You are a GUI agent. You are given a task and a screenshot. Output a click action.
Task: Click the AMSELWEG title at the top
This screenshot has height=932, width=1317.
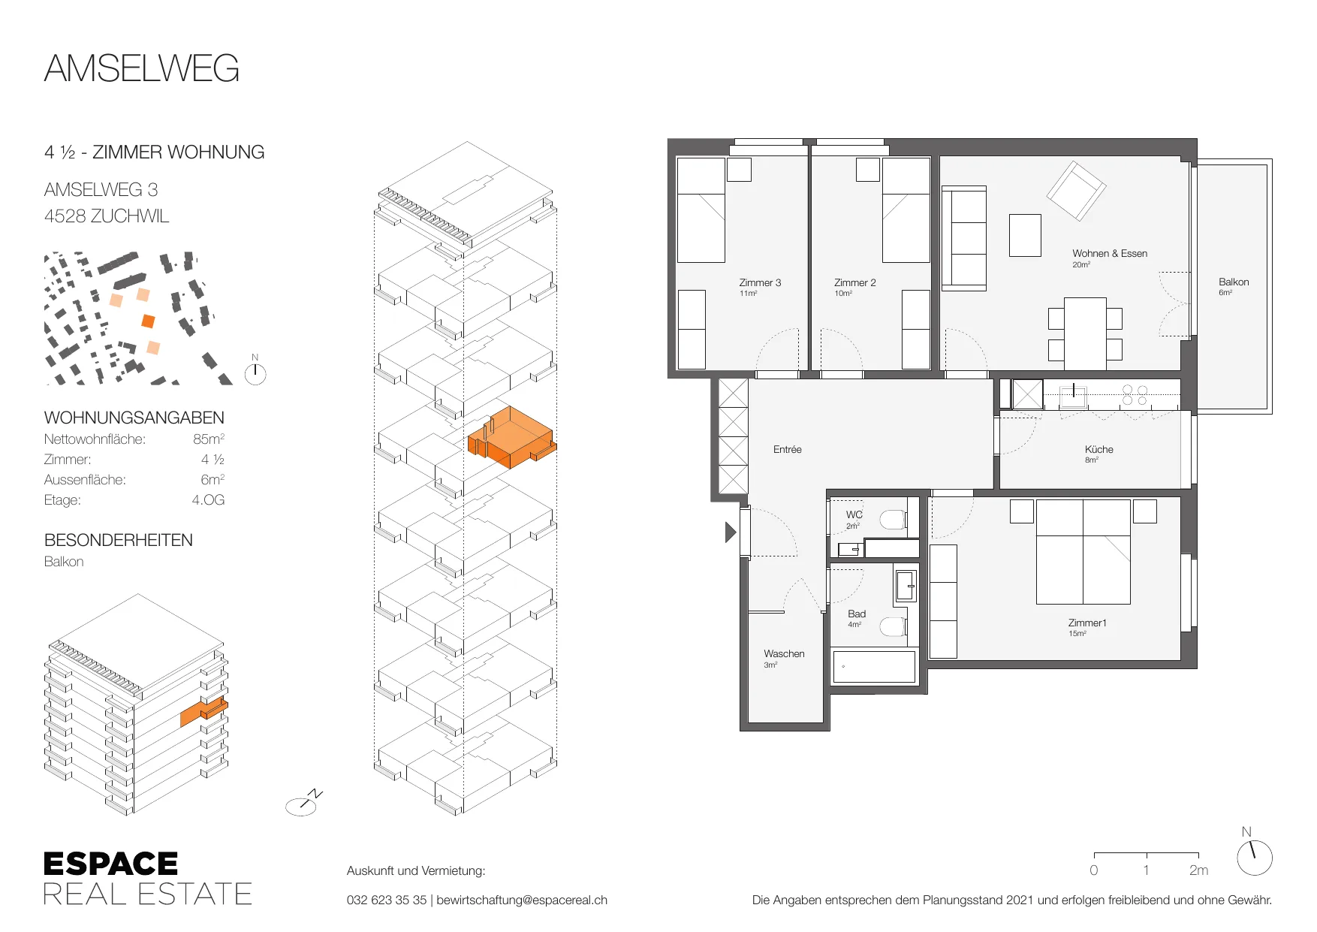(142, 68)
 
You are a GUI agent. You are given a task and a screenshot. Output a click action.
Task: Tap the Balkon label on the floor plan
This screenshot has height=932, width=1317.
(1234, 282)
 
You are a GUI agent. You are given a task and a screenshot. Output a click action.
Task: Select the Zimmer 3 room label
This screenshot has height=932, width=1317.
(760, 283)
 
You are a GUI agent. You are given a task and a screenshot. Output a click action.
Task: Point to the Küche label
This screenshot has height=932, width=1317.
(1099, 449)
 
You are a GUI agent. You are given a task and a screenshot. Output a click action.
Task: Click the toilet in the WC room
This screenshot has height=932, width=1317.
(894, 520)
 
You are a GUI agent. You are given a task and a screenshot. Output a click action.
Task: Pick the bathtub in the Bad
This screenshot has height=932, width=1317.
(874, 666)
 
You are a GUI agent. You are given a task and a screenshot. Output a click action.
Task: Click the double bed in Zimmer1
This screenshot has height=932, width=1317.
(1083, 552)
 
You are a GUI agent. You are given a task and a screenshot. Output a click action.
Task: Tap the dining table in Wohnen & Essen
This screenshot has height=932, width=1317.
(1085, 333)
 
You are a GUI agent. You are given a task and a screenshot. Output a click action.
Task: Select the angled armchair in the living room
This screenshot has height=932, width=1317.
(1077, 191)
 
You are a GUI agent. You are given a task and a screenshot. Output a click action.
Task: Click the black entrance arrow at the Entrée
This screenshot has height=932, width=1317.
(731, 532)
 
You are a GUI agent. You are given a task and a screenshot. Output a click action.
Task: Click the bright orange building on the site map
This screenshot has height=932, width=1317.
(148, 321)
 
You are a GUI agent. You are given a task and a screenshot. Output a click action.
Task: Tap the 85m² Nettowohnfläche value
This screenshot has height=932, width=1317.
(209, 439)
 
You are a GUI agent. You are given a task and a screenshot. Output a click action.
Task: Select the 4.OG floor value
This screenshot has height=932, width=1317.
(208, 500)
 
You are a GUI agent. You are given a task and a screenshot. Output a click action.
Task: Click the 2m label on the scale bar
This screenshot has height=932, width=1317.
(1198, 870)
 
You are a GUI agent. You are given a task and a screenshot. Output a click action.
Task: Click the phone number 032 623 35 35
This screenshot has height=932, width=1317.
(387, 900)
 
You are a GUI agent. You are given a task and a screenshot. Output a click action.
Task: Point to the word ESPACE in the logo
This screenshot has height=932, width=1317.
(111, 864)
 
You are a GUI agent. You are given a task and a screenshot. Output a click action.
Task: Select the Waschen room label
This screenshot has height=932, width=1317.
(784, 654)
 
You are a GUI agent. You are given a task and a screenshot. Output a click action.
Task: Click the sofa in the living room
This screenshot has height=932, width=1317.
(964, 239)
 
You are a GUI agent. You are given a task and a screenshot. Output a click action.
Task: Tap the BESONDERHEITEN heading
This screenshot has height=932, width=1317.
(119, 540)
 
